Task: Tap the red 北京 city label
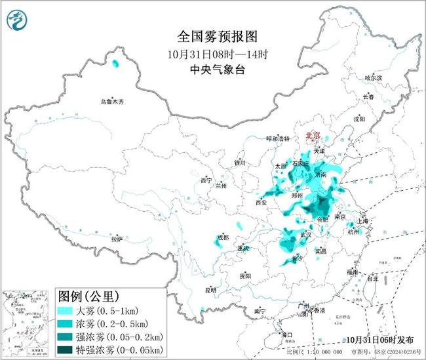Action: [x=313, y=136]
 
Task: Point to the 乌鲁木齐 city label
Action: [x=112, y=102]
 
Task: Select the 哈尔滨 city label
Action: [x=372, y=77]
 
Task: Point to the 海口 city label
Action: [x=286, y=334]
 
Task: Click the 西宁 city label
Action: [x=206, y=180]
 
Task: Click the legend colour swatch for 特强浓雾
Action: [x=67, y=348]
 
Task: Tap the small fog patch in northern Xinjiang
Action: [x=116, y=64]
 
